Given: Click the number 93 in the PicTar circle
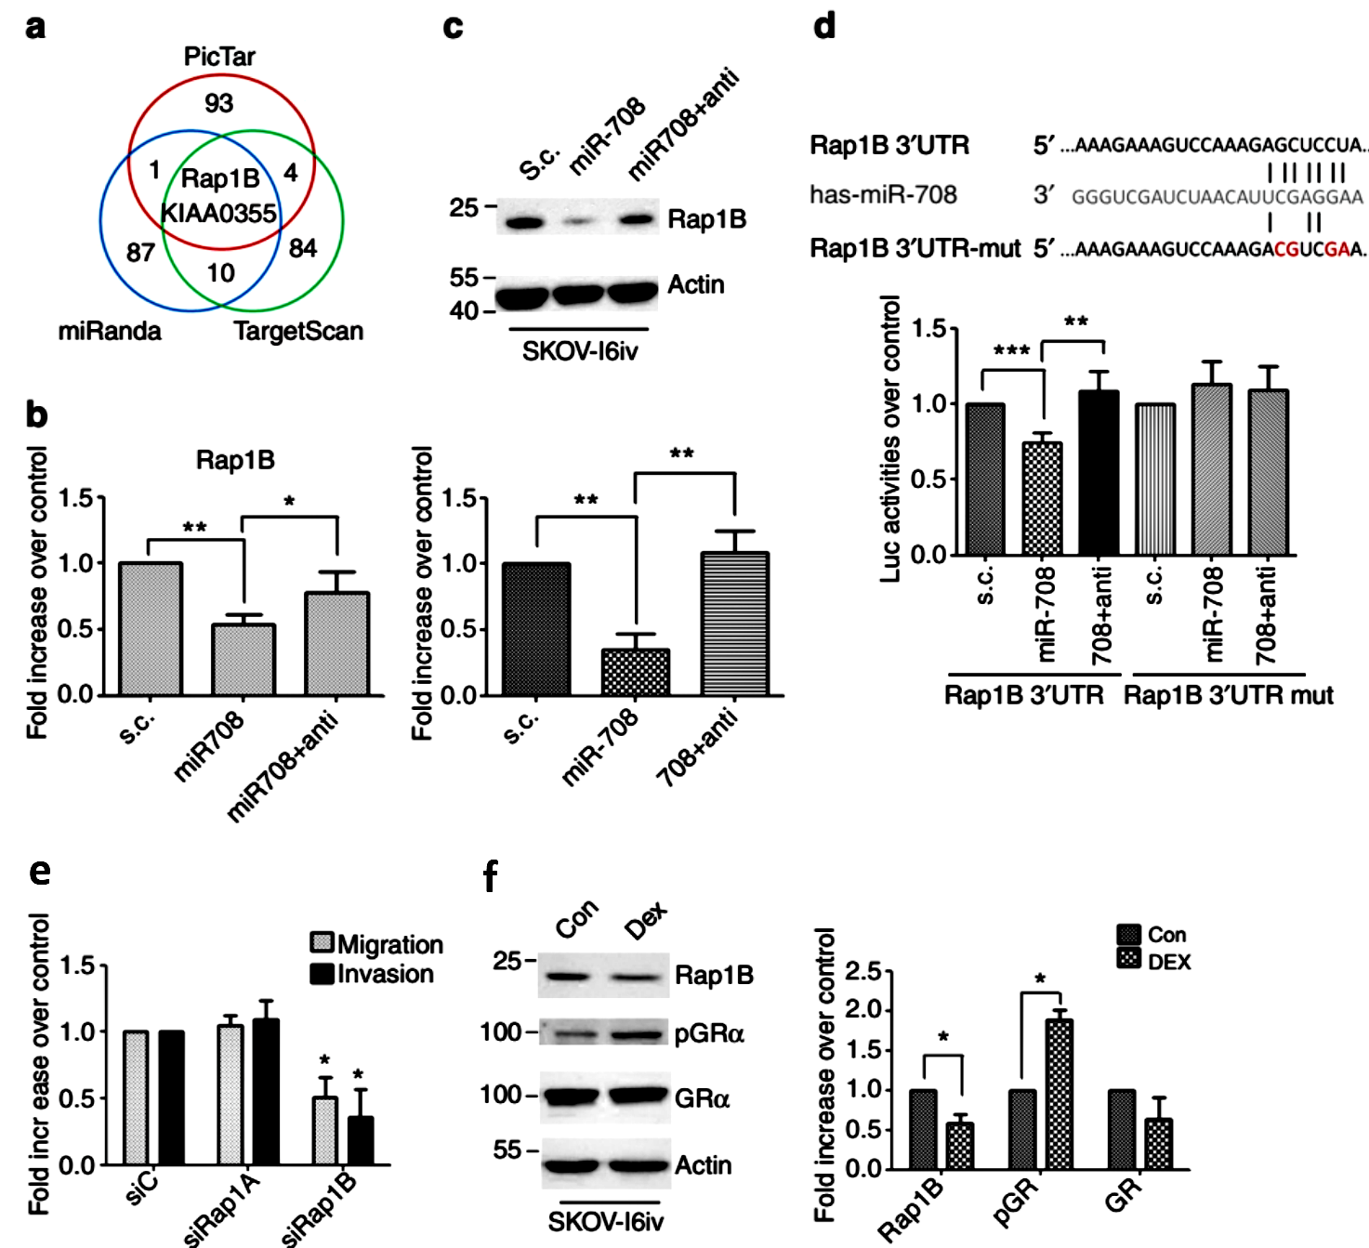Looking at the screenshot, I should click(218, 103).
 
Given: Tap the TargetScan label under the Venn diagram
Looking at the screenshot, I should click(297, 332).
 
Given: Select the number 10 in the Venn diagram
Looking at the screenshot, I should click(220, 273).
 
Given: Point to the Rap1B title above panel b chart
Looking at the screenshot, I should click(235, 460).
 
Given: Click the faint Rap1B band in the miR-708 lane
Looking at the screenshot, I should click(578, 223).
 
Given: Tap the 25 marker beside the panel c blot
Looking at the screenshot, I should click(465, 207).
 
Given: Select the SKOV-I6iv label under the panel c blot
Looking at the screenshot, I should click(579, 351).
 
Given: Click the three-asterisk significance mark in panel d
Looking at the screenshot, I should click(1011, 351).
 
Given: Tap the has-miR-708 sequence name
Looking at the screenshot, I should click(883, 195).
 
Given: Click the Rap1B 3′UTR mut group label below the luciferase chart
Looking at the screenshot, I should click(1228, 695).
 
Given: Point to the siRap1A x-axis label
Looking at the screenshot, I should click(223, 1208).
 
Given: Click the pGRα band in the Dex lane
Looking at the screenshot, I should click(638, 1033).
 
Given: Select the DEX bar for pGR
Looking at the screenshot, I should click(1059, 1094).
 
